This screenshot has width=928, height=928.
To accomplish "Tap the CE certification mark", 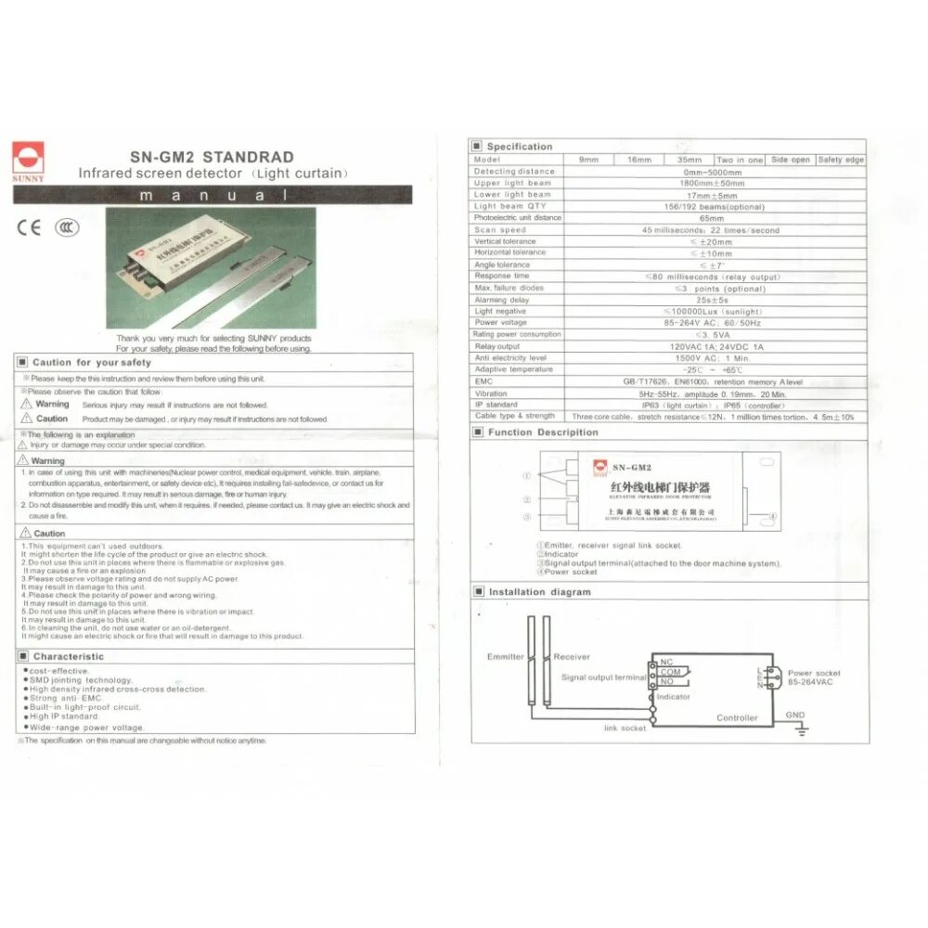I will tap(30, 227).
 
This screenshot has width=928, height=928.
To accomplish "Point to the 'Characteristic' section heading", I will tap(68, 656).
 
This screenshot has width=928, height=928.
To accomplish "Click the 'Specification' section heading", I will tap(519, 147).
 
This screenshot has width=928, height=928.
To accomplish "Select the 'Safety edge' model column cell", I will tap(841, 160).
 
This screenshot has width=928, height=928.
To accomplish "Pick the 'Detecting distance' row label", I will tap(514, 172).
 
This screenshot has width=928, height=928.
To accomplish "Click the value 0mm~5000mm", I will tap(712, 172).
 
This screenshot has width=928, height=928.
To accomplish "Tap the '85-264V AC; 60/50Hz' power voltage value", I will tap(712, 323).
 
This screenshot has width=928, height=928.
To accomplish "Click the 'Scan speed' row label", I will tap(500, 230).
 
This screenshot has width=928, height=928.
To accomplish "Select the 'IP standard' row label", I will tap(496, 405).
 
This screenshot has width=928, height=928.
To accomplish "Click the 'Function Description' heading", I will tap(543, 432).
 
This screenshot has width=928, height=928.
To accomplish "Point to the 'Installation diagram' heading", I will tap(539, 591).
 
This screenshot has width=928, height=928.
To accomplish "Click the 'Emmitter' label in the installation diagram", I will tap(506, 657).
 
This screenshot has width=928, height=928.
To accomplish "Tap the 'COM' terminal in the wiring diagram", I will tap(671, 672).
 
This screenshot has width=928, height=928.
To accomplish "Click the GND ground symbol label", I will tap(795, 715).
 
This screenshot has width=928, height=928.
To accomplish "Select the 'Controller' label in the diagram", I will tap(737, 717).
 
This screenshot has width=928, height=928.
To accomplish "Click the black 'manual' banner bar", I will tap(212, 195).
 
